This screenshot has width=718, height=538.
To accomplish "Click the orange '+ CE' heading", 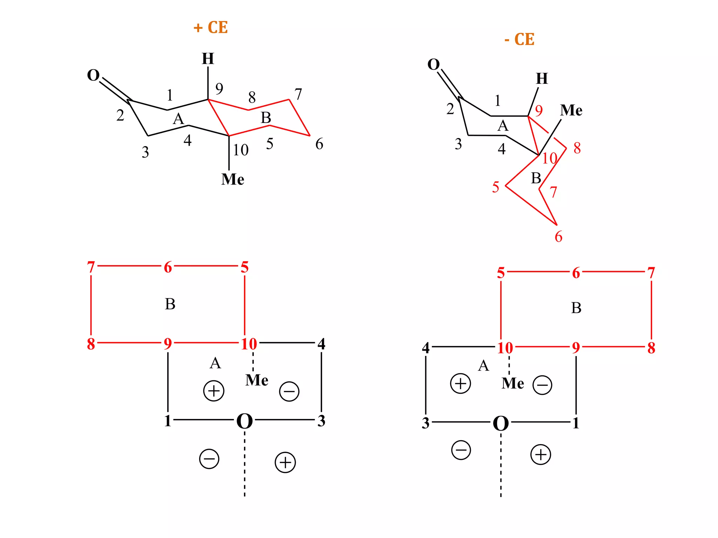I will (x=211, y=27).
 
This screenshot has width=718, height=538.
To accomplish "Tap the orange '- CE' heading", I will (x=520, y=39).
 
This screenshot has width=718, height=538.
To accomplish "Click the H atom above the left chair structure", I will (x=208, y=58).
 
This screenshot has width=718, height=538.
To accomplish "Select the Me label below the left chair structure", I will (x=232, y=179).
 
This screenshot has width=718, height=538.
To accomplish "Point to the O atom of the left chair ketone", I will (x=93, y=75).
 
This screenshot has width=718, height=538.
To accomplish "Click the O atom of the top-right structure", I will (x=434, y=64).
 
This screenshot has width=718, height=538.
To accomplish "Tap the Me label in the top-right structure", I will (x=571, y=110).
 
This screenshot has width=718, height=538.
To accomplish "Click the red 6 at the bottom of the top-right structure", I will (x=558, y=237).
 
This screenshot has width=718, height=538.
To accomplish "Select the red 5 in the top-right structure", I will (x=495, y=187).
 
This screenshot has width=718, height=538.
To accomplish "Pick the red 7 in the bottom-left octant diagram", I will (x=91, y=267).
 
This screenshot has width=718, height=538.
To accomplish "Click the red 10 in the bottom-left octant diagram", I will (x=249, y=344).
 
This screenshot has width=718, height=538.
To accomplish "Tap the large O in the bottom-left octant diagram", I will (x=244, y=421).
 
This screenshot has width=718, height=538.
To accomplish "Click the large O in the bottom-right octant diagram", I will (x=501, y=424).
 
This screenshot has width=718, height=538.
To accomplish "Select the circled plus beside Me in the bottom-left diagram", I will (x=214, y=391).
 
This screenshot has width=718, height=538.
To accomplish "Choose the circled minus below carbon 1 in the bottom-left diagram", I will (x=209, y=459).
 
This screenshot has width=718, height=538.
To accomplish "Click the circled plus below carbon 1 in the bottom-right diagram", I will (x=541, y=455).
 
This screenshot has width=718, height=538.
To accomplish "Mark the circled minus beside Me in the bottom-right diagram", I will (x=542, y=385).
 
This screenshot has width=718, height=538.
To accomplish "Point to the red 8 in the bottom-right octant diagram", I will (x=651, y=348).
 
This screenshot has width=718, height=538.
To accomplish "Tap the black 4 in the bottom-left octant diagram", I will (x=321, y=344).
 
